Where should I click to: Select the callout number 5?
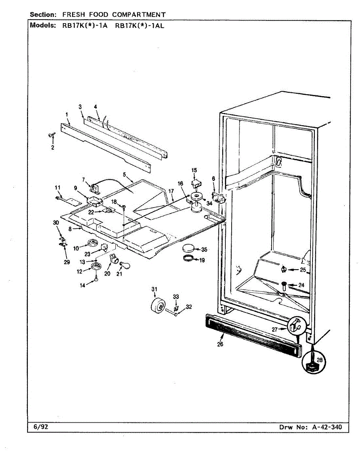124,174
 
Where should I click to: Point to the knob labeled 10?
94,244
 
